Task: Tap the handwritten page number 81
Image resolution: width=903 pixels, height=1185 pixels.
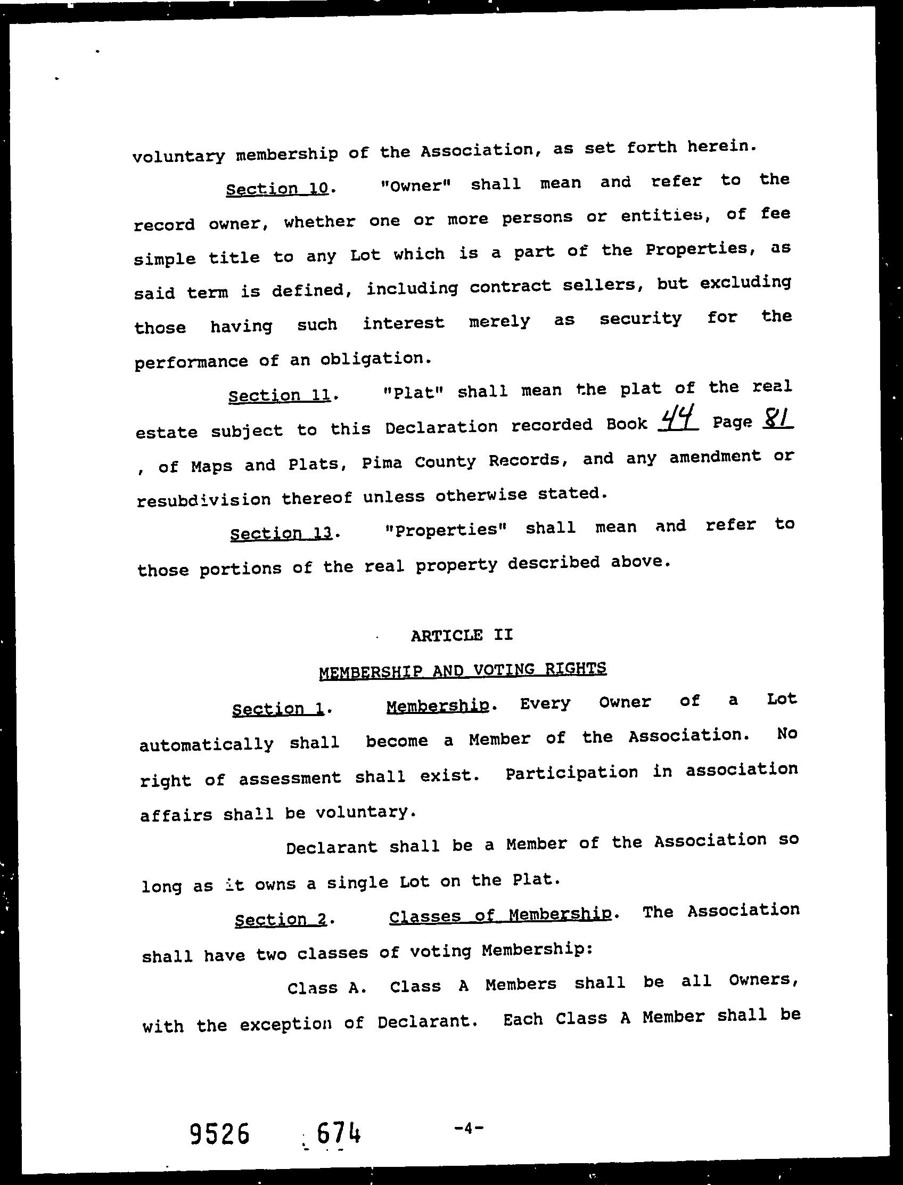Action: [777, 418]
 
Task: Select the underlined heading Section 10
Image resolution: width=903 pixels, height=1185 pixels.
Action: [277, 189]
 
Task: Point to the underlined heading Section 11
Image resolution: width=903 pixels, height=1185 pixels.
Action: [280, 396]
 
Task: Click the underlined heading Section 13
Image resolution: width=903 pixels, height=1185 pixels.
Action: [281, 533]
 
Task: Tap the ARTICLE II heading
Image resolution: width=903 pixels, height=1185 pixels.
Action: [462, 635]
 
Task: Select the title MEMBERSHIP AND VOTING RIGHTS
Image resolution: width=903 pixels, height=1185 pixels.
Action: [462, 670]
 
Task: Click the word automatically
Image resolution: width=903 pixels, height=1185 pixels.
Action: [207, 744]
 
